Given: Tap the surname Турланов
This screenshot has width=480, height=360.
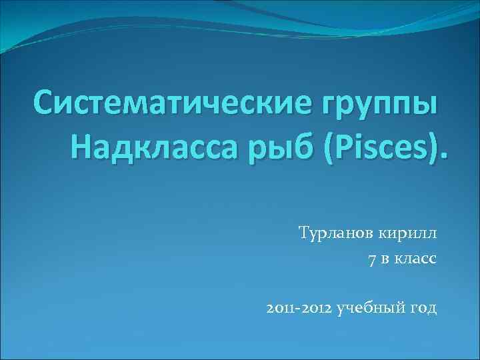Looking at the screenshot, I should click(336, 233).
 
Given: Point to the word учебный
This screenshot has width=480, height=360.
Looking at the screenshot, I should click(370, 309).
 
